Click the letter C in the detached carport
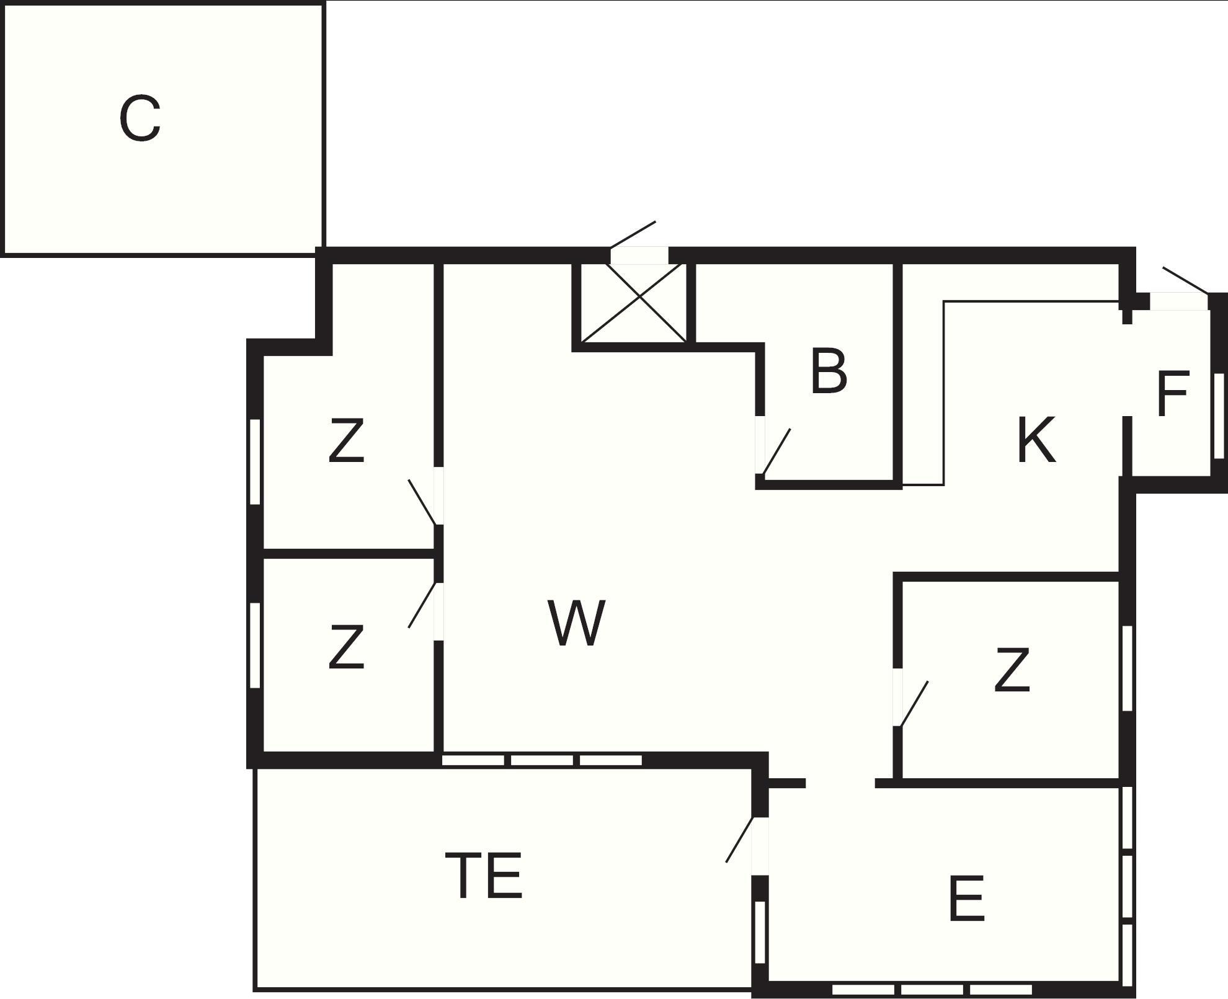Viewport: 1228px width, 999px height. point(140,118)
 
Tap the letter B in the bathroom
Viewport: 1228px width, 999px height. point(829,371)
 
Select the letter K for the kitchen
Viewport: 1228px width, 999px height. point(1036,440)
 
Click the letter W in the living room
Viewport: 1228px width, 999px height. point(577,623)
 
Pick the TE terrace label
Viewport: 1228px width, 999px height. point(484,875)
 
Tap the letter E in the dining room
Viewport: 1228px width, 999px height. point(966,898)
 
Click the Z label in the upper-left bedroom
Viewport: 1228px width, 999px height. point(345,440)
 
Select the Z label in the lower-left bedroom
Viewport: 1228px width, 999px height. point(345,647)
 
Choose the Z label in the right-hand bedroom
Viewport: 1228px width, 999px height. point(1012,670)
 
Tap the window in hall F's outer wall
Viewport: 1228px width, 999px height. point(1219,416)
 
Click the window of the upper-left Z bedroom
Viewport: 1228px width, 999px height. point(254,462)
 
